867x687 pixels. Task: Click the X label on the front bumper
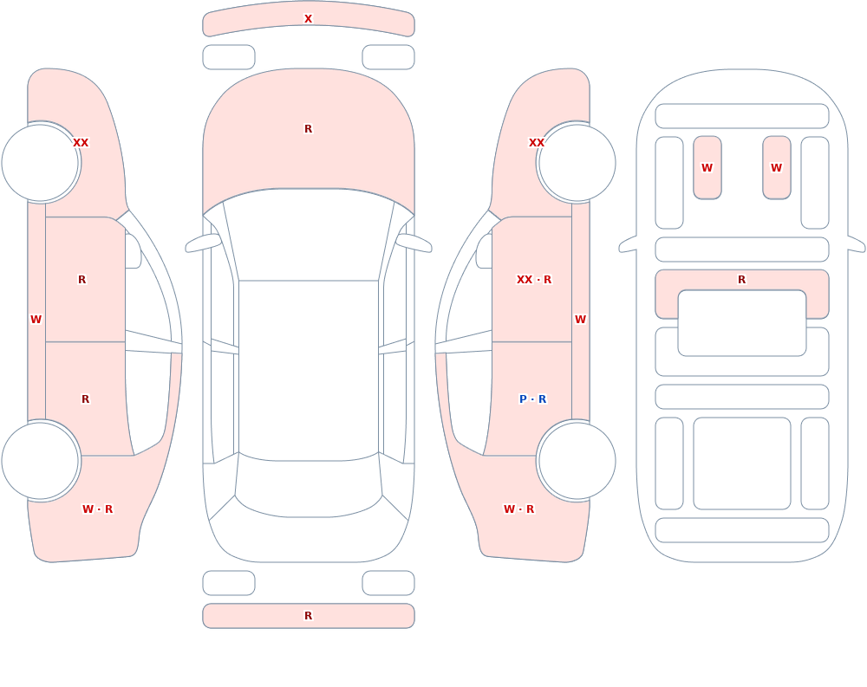308,19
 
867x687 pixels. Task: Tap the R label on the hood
308,129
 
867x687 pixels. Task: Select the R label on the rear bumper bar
308,616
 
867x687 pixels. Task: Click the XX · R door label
533,280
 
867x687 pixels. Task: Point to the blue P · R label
532,399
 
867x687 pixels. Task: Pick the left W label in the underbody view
707,168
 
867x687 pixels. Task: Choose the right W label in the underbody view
776,168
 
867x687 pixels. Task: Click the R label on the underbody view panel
741,280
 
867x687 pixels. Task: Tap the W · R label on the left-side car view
97,509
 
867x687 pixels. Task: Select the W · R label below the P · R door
518,509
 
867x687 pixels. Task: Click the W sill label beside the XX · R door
580,320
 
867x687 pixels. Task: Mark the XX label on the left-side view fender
81,143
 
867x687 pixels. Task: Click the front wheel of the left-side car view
41,163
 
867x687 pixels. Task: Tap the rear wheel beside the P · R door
577,460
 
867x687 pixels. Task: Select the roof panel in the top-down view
309,370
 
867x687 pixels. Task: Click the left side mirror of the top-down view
203,243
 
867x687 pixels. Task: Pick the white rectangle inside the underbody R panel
742,323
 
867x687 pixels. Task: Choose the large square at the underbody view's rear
742,463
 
